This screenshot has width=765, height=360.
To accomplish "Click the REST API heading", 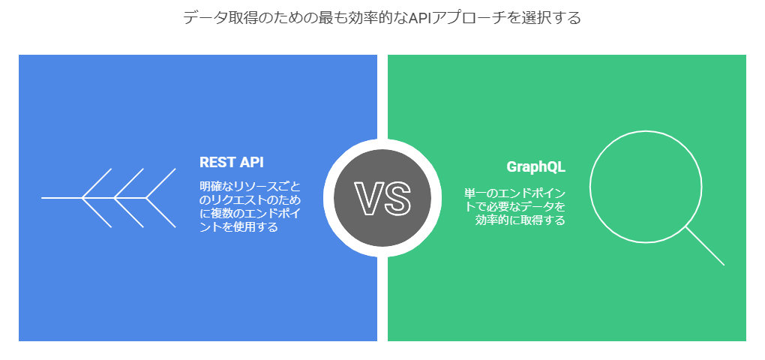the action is pos(231,162).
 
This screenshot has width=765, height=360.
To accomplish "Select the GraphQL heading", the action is pos(535,166).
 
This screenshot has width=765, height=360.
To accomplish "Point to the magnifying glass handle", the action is pos(704,245).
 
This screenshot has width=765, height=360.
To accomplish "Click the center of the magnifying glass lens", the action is pos(646,186).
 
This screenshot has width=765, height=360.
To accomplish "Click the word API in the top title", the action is pos(417,18).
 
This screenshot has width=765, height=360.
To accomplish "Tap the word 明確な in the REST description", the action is pos(214,186).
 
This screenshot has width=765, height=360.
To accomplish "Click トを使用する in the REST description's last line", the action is pos(238,226).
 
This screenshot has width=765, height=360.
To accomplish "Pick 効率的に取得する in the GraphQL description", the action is pos(520,220).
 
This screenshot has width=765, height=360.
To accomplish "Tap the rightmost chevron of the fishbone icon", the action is pos(161,198).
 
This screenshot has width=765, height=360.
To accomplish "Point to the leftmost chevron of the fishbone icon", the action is pos(97,198).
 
